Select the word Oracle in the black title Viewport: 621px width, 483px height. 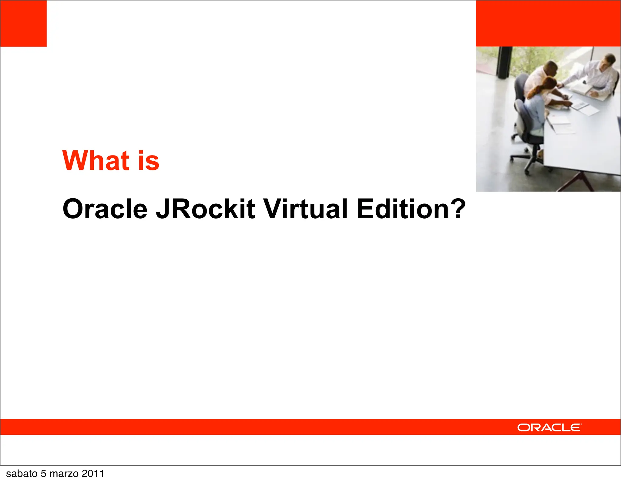105,209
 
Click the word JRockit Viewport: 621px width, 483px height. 205,209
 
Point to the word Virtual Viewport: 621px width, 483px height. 305,209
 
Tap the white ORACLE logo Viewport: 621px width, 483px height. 549,428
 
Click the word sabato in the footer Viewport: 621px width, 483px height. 22,474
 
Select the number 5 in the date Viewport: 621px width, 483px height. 44,474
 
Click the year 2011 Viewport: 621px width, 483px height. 93,474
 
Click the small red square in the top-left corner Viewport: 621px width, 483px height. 23,23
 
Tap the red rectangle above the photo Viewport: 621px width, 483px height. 548,23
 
